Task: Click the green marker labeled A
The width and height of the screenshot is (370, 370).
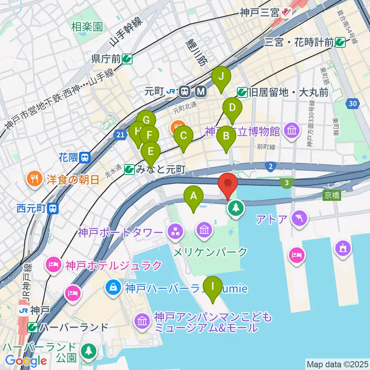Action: coord(193,197)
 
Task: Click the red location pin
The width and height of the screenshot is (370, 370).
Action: coord(228,183)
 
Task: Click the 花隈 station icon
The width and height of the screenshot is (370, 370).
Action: coord(85,157)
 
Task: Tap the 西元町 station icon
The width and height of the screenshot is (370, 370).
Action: coord(53,209)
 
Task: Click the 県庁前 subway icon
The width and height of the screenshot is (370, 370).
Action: coord(127,59)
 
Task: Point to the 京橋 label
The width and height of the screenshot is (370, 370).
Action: coord(331,195)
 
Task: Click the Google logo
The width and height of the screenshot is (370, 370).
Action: coord(26,361)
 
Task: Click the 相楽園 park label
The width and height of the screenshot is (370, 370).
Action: coord(87,27)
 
